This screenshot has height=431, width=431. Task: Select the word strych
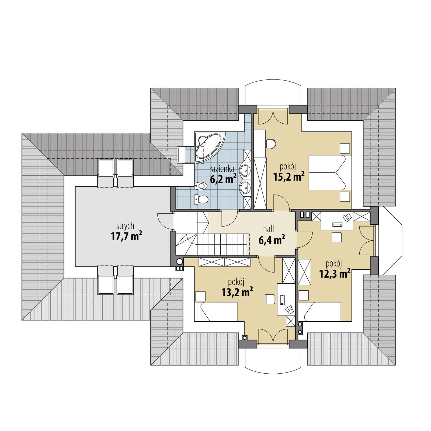point(125,226)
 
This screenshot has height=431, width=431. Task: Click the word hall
point(269,229)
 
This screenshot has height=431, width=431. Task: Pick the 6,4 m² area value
point(272,240)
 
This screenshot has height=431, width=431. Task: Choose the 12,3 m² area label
point(335,274)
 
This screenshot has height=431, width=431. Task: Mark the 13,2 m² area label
point(237,292)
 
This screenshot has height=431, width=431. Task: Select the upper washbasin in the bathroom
point(245,170)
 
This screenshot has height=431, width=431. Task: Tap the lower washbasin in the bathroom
point(245,187)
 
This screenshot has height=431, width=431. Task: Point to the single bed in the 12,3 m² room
point(319,312)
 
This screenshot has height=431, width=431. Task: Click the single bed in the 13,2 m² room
point(215,312)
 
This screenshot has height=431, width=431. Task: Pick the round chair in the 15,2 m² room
point(271,144)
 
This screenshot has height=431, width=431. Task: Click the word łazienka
point(222,169)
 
